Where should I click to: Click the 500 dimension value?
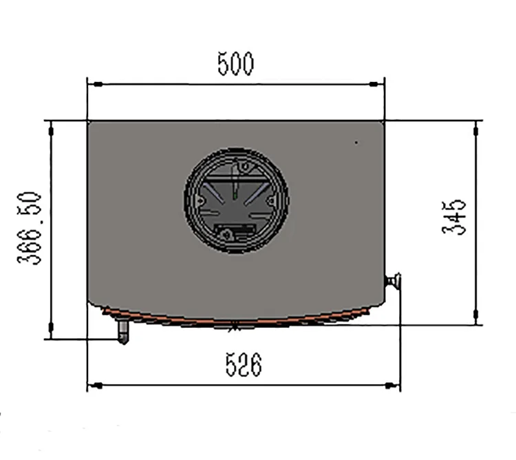point(235,63)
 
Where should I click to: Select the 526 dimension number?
point(244,365)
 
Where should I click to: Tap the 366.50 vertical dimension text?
point(31,229)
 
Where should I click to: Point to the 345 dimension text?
point(454,218)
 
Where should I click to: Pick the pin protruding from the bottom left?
point(123,333)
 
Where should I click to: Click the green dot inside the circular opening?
point(236,196)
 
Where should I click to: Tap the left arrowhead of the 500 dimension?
point(96,84)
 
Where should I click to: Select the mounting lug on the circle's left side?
point(199,200)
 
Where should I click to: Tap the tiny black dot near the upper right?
point(356,143)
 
